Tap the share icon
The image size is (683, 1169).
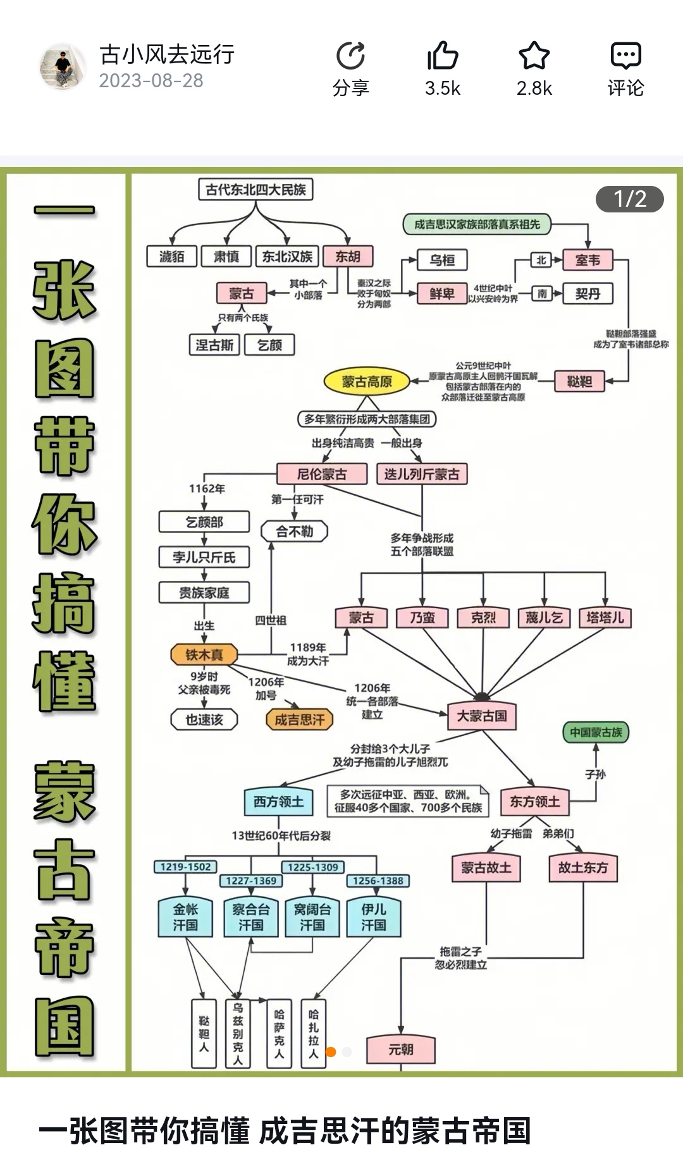[351, 57]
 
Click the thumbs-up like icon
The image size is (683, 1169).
[442, 56]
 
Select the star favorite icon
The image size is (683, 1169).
[534, 56]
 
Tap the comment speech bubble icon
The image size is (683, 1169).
[625, 56]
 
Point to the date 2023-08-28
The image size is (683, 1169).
[151, 81]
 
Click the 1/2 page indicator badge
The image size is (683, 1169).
[629, 199]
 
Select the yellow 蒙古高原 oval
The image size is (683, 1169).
[367, 381]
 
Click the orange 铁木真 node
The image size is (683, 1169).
[204, 655]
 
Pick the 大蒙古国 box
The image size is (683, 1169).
[482, 716]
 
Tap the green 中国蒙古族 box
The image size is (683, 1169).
[596, 732]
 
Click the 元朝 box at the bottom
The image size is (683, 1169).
[400, 1050]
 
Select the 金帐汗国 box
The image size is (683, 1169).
[185, 917]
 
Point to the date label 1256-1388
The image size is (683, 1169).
[378, 881]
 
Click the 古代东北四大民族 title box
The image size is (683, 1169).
[255, 190]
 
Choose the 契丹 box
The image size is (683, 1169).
[588, 294]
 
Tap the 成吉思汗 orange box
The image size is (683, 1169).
[300, 719]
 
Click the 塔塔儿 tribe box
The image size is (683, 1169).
[605, 618]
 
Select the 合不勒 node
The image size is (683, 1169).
[294, 532]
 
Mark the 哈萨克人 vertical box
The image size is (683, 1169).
[279, 1034]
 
